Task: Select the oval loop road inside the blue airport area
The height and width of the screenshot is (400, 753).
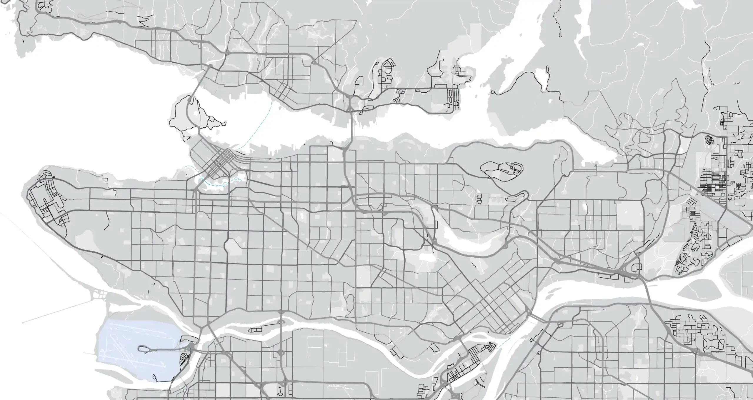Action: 144,349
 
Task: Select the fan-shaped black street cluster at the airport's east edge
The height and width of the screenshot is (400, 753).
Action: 185,359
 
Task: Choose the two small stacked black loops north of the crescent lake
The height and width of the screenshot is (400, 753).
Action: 479,199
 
